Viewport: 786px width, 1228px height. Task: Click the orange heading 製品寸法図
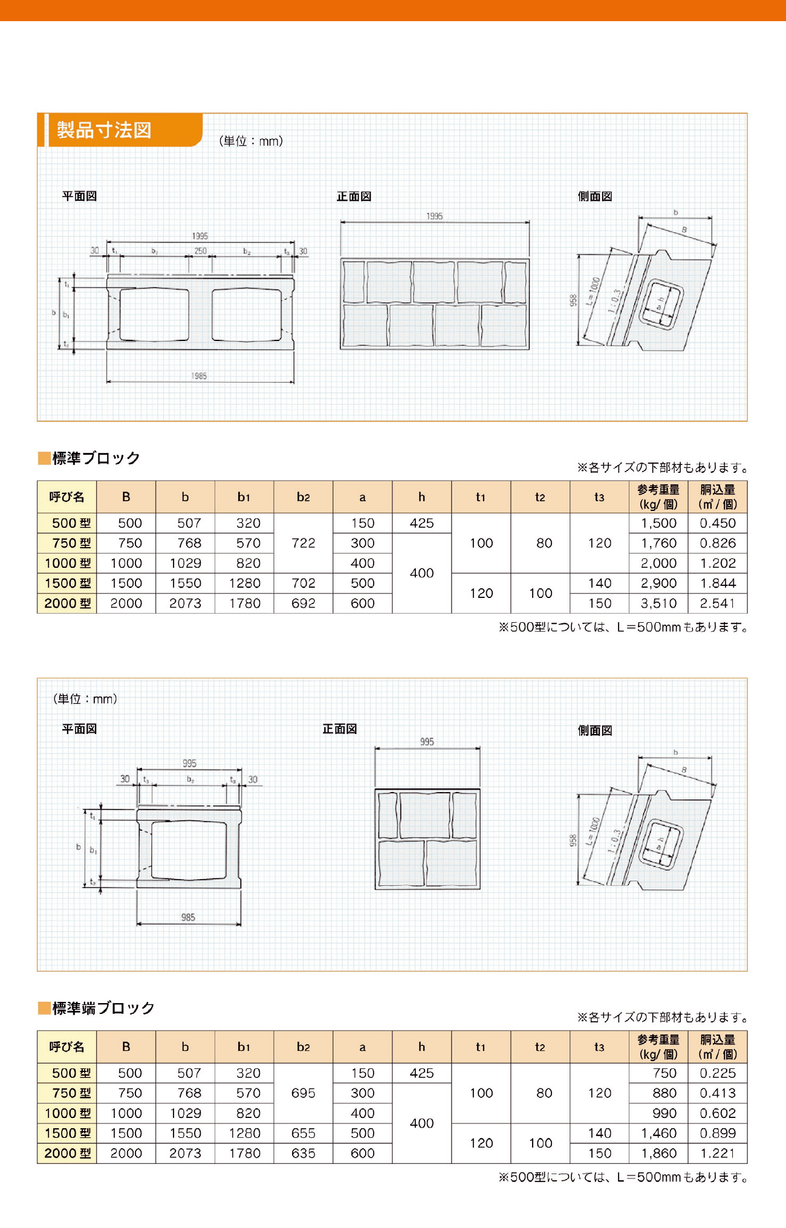104,130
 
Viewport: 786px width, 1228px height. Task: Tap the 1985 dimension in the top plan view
199,376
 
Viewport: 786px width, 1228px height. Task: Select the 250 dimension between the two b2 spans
200,251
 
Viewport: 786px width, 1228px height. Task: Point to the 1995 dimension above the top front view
434,216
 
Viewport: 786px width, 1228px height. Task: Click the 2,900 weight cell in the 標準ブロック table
658,583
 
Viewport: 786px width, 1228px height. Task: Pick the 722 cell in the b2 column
303,543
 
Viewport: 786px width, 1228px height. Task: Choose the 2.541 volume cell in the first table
718,603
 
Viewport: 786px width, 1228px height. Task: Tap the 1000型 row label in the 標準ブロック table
67,563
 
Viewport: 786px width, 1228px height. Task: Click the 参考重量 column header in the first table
658,496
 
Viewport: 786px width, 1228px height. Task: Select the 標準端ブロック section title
103,1008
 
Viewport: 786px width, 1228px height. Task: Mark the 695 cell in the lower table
303,1093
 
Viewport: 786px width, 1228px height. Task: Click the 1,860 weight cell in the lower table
658,1153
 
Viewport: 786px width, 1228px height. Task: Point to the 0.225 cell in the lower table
718,1073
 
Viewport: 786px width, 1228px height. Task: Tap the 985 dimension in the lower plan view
188,917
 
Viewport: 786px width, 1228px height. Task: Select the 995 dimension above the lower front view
427,742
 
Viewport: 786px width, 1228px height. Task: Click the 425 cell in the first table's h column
421,523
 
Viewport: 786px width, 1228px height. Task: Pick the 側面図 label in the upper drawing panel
595,197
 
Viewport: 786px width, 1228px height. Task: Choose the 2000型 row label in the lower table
67,1153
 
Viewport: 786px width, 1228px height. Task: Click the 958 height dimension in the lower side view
573,840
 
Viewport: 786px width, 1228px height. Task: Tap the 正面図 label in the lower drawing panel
340,729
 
